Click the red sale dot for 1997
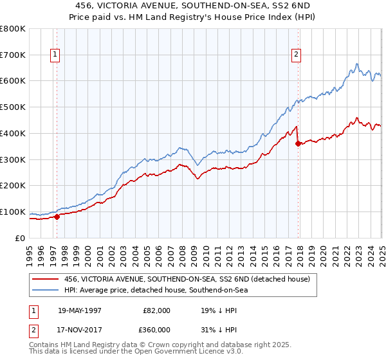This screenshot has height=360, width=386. [x=57, y=217]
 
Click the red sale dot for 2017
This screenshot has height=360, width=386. [x=298, y=143]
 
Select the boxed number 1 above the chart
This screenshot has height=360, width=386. [x=55, y=55]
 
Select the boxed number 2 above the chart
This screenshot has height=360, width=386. [x=297, y=55]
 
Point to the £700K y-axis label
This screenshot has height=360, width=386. [x=13, y=55]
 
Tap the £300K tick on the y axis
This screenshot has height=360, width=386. [x=13, y=159]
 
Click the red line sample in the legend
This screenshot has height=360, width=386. [x=46, y=279]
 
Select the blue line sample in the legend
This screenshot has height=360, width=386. [x=46, y=290]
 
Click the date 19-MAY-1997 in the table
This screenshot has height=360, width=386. [x=80, y=310]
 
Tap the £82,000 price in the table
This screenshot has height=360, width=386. [x=156, y=310]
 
